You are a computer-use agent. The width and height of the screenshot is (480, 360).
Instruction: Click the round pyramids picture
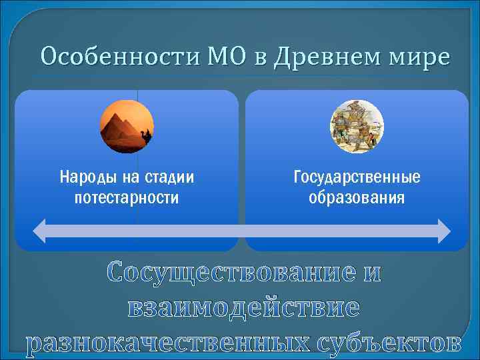click(x=127, y=127)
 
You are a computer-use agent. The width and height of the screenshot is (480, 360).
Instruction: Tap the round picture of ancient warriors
click(x=357, y=127)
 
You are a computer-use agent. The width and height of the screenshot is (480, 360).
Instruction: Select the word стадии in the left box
click(x=171, y=178)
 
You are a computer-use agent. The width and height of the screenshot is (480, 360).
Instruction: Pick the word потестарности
click(x=127, y=198)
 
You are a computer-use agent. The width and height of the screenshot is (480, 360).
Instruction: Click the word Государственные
click(x=357, y=178)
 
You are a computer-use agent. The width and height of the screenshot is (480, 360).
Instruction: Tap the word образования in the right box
click(x=357, y=198)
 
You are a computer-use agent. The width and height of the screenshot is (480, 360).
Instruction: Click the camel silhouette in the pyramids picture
click(x=147, y=136)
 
